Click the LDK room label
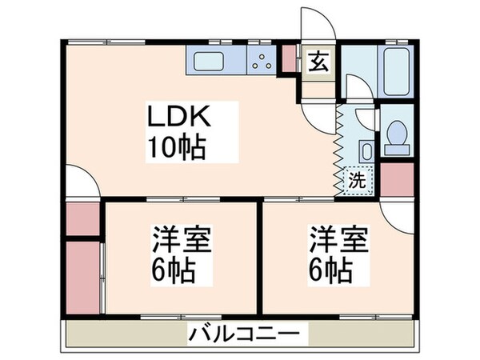177,118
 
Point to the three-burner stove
261,58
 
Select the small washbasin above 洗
364,151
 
